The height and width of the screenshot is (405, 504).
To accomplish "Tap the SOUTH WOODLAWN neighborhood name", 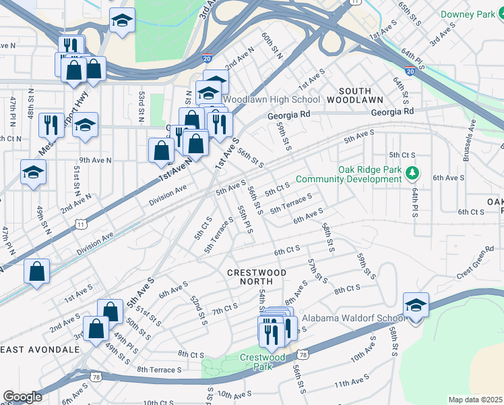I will (355, 95).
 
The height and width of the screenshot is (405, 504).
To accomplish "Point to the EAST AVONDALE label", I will (40, 349).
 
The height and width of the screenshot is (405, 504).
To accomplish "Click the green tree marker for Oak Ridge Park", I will (411, 174).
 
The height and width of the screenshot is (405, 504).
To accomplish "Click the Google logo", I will (22, 397).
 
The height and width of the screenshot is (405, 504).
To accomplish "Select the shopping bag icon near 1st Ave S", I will (36, 271).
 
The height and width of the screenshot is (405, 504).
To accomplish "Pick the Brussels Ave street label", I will (470, 140).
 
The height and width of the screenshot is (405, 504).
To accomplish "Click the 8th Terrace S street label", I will (159, 369).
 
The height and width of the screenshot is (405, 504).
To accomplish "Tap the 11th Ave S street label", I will (352, 383).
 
